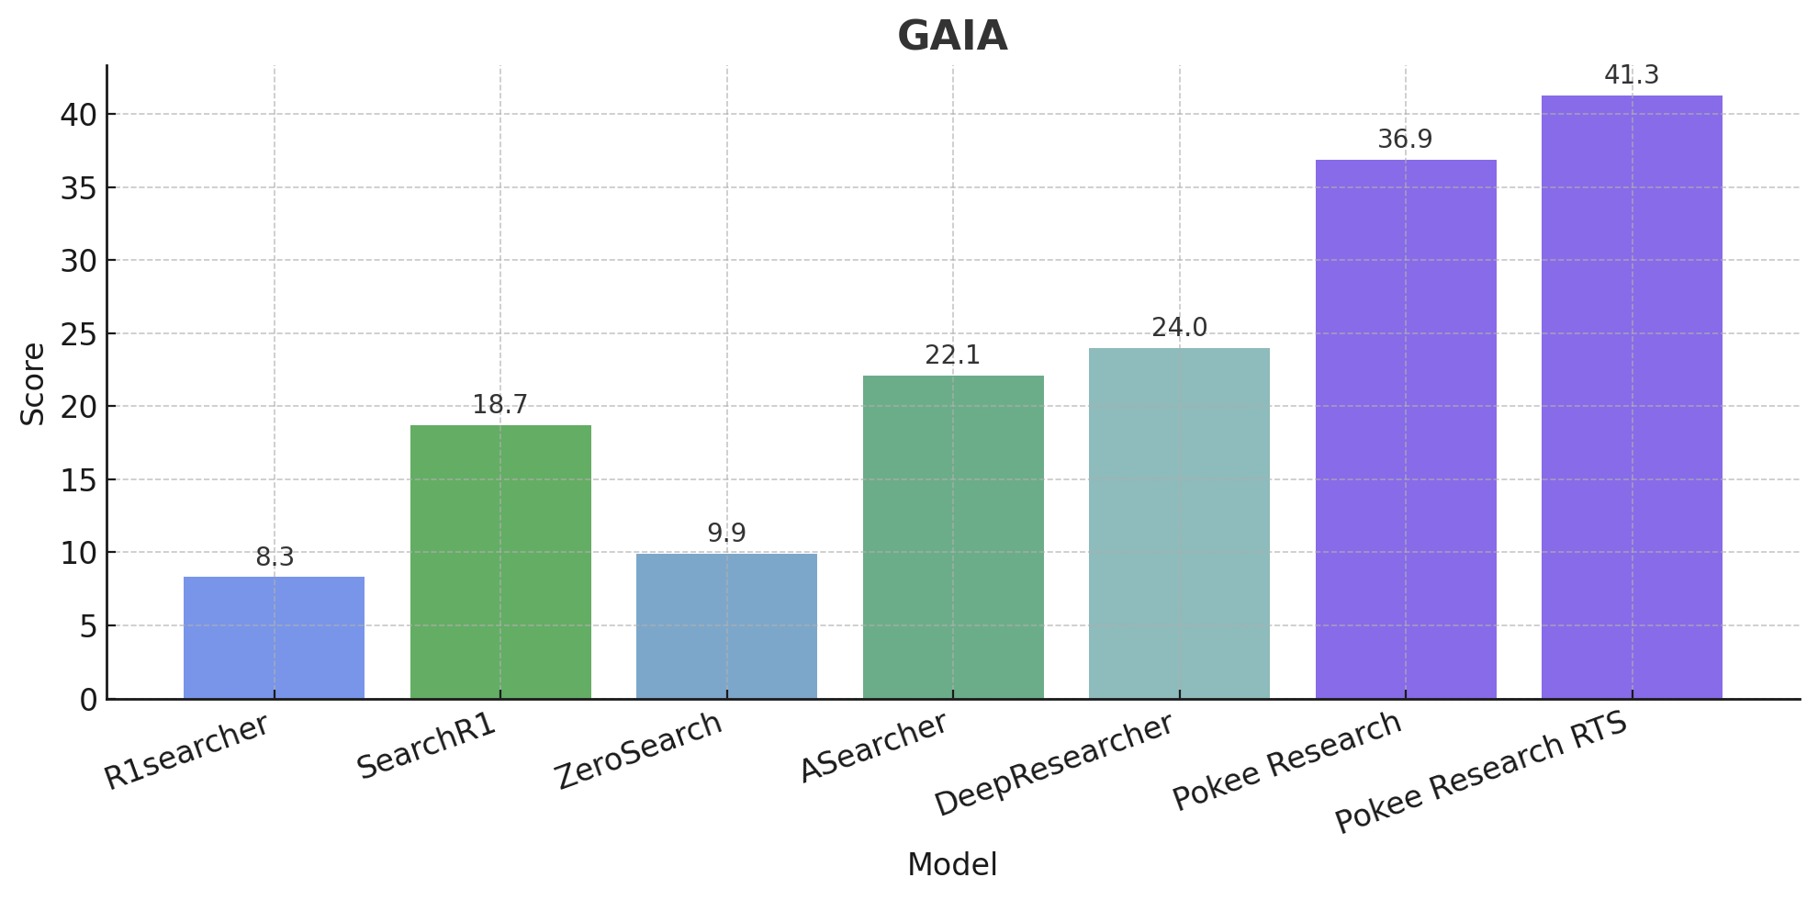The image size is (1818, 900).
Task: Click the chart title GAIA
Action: click(x=952, y=37)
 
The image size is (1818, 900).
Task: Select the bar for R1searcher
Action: click(x=274, y=637)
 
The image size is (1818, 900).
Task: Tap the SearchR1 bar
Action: click(x=500, y=561)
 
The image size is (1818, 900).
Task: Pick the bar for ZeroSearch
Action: click(x=726, y=625)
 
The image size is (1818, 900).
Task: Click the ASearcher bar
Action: click(x=953, y=537)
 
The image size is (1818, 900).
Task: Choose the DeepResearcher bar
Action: click(x=1179, y=523)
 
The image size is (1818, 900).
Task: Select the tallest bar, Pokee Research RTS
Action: click(x=1632, y=397)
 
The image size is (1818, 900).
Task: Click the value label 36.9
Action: click(x=1405, y=140)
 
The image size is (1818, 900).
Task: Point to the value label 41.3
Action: click(x=1632, y=75)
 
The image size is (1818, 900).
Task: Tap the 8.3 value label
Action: click(x=274, y=557)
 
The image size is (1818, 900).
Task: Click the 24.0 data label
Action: click(x=1179, y=328)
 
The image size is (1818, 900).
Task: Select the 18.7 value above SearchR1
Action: click(x=500, y=405)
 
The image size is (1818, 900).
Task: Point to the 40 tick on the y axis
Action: click(x=78, y=115)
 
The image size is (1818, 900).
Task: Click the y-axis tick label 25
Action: click(x=78, y=334)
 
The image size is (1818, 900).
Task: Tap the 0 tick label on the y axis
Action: click(x=88, y=700)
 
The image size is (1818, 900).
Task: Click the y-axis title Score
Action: click(x=33, y=384)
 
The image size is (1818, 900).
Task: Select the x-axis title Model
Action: click(x=952, y=865)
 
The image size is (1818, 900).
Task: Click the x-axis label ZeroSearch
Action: click(x=639, y=750)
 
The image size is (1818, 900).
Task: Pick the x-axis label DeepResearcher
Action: click(x=1054, y=764)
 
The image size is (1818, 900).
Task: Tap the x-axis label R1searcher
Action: click(x=186, y=751)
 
